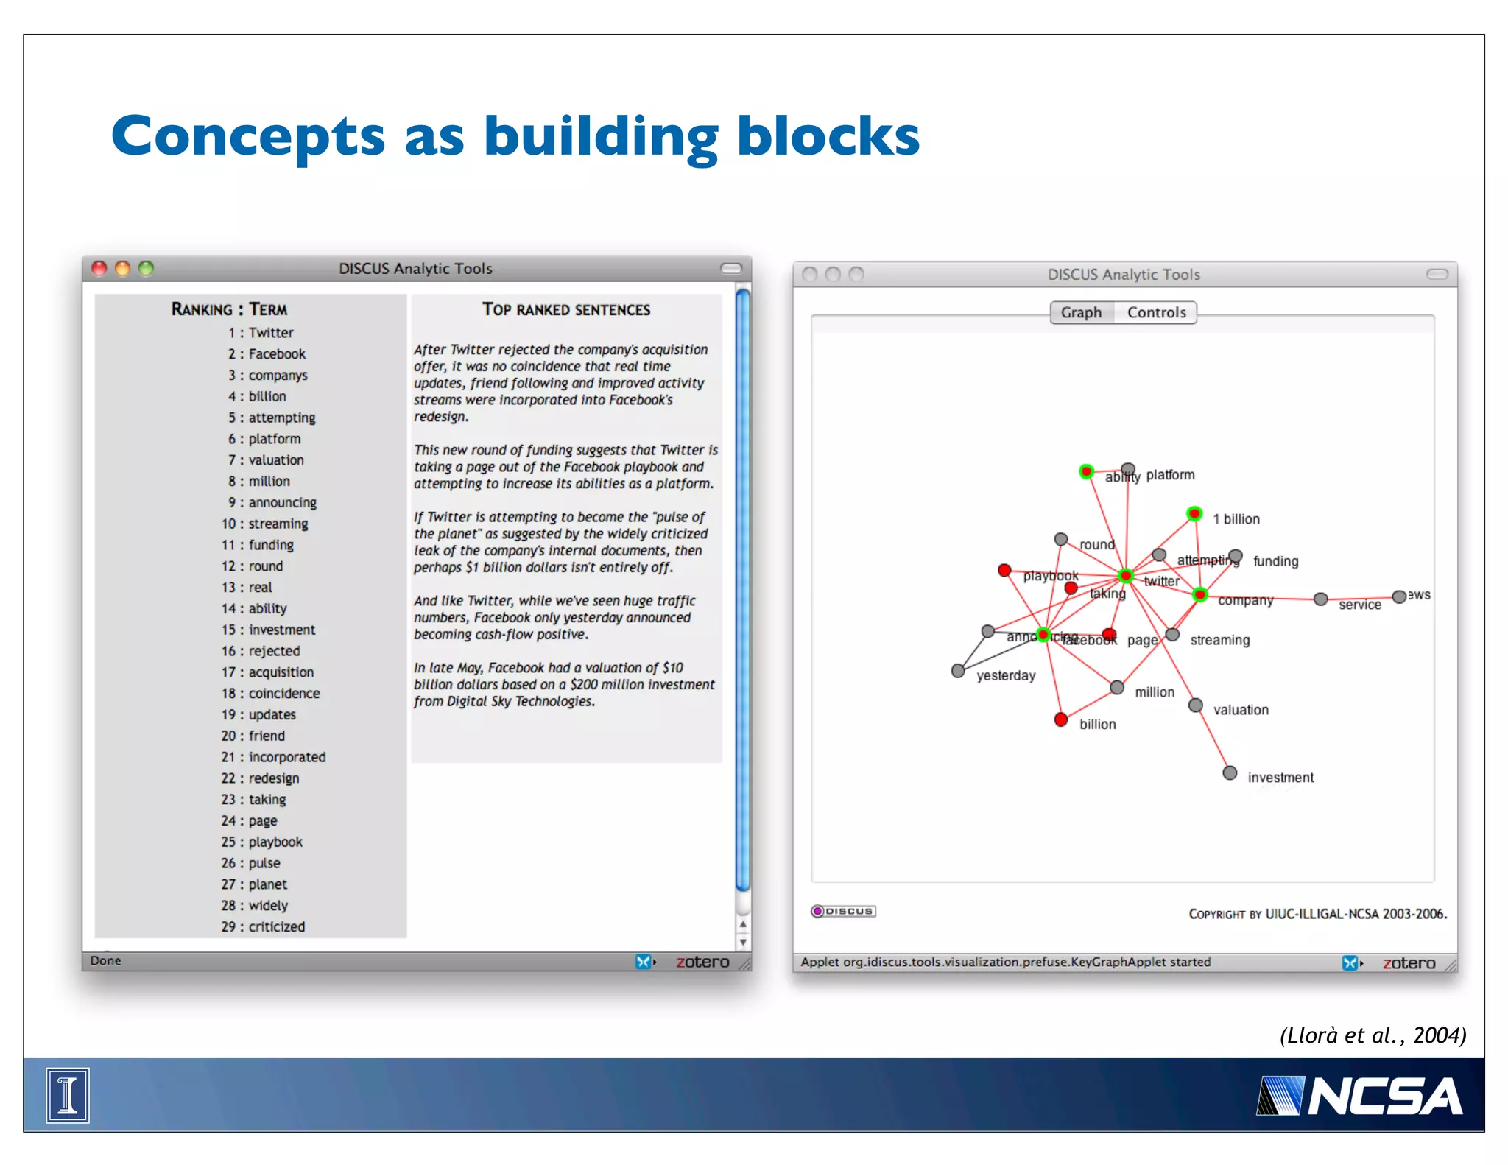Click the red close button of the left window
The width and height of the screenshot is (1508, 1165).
click(99, 268)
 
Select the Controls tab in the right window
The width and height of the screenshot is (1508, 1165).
click(1156, 312)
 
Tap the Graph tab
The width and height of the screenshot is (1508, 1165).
click(1081, 312)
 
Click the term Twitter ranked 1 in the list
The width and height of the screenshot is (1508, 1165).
click(270, 333)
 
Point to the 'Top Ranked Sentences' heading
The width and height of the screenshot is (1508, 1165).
click(566, 310)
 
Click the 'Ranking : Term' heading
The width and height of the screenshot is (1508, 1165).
click(229, 309)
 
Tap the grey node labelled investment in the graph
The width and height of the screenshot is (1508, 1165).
click(1230, 772)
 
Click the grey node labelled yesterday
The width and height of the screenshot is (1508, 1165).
click(958, 671)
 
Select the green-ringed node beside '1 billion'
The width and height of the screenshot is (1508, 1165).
click(1194, 513)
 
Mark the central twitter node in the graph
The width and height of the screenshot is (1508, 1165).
click(1125, 575)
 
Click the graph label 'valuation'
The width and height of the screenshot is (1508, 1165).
click(1241, 710)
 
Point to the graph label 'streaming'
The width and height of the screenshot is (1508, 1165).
click(1219, 640)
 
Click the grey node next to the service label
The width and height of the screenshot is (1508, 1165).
click(1321, 599)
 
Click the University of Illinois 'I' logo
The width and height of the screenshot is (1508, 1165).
click(68, 1095)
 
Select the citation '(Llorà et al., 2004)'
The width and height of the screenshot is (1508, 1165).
click(1373, 1035)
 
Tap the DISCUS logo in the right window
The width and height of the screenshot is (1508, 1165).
click(843, 911)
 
